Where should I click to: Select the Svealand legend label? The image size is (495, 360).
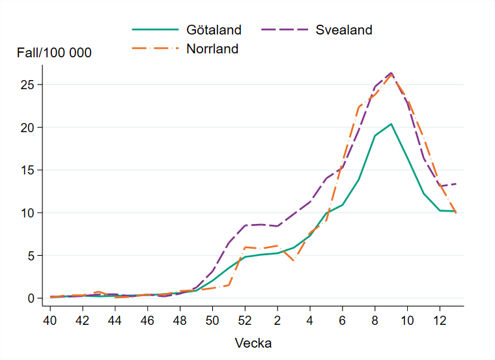coord(344,30)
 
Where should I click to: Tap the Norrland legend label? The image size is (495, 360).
coord(212,49)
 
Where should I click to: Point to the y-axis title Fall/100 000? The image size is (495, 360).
coord(54,53)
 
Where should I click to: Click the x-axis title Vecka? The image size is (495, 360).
coord(253,342)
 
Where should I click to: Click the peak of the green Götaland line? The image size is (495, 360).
coord(391,124)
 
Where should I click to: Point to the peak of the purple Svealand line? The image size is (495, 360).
coord(391,73)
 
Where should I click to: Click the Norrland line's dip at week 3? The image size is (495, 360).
coord(294,260)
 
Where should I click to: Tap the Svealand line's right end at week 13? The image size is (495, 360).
coord(455,184)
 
